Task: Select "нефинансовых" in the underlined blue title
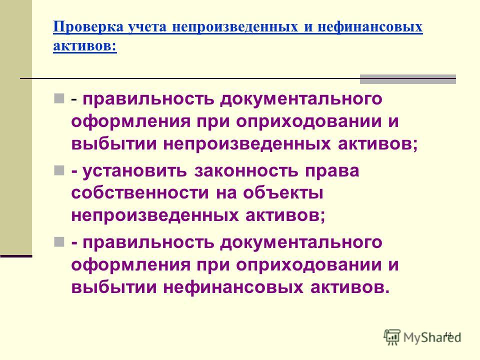(370, 26)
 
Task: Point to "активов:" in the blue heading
(85, 46)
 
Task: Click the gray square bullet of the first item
(59, 98)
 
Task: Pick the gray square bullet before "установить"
(59, 170)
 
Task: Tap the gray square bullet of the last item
(59, 242)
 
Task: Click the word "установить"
(135, 171)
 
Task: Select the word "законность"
(246, 171)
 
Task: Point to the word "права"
(332, 171)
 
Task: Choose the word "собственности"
(140, 193)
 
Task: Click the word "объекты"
(283, 193)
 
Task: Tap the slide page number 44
(448, 334)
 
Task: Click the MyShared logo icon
(392, 337)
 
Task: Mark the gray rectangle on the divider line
(408, 79)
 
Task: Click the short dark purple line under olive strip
(16, 256)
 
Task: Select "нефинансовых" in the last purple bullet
(233, 287)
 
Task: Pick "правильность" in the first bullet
(148, 99)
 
